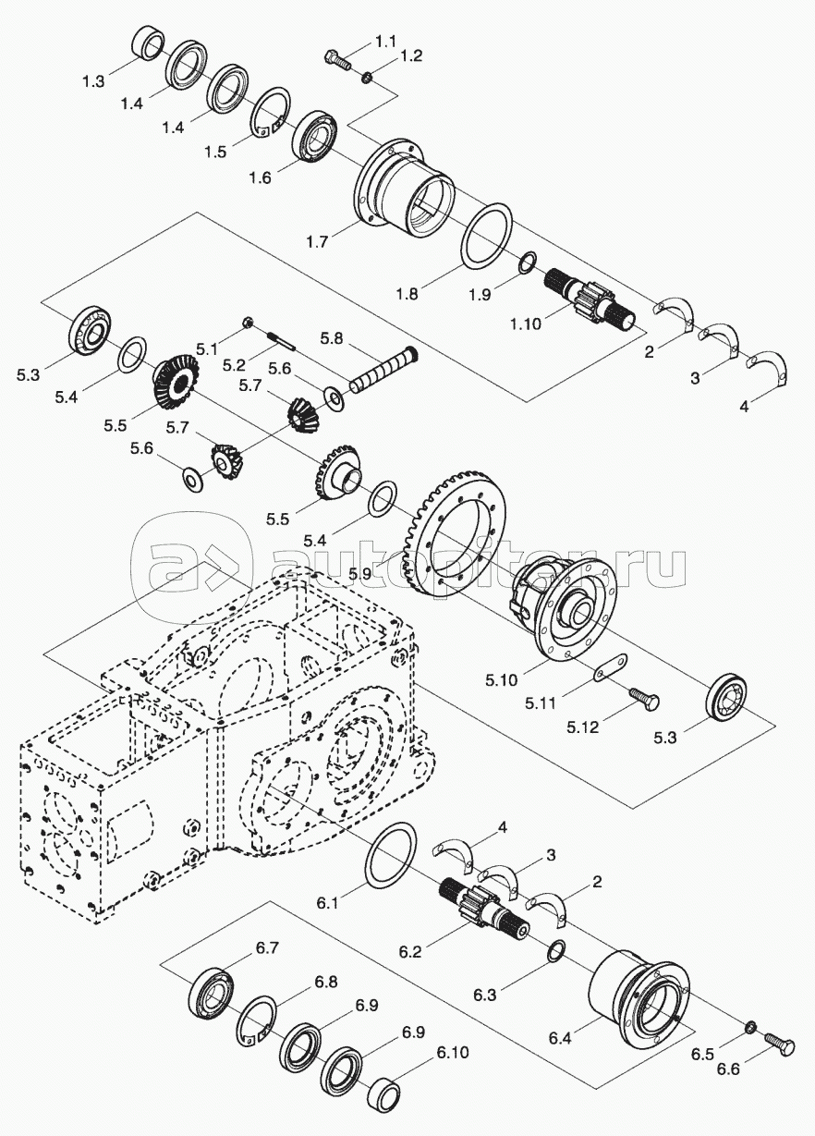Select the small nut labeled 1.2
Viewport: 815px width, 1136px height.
click(366, 76)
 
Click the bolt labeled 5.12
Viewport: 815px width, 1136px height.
click(643, 696)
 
